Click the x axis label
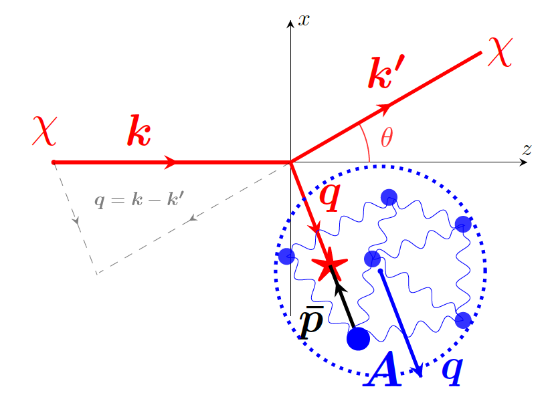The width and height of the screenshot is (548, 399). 304,20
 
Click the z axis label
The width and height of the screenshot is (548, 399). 527,150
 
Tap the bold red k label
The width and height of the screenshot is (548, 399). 139,131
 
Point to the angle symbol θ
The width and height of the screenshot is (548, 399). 387,138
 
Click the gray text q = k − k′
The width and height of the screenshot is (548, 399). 139,199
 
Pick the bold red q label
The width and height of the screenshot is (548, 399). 331,193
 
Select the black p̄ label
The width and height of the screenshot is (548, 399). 310,323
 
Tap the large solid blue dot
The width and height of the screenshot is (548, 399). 358,338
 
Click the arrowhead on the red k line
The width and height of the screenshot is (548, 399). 171,162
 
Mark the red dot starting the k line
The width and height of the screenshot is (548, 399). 54,162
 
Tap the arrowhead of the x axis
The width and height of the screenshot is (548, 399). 290,24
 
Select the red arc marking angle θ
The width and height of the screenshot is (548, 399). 367,140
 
